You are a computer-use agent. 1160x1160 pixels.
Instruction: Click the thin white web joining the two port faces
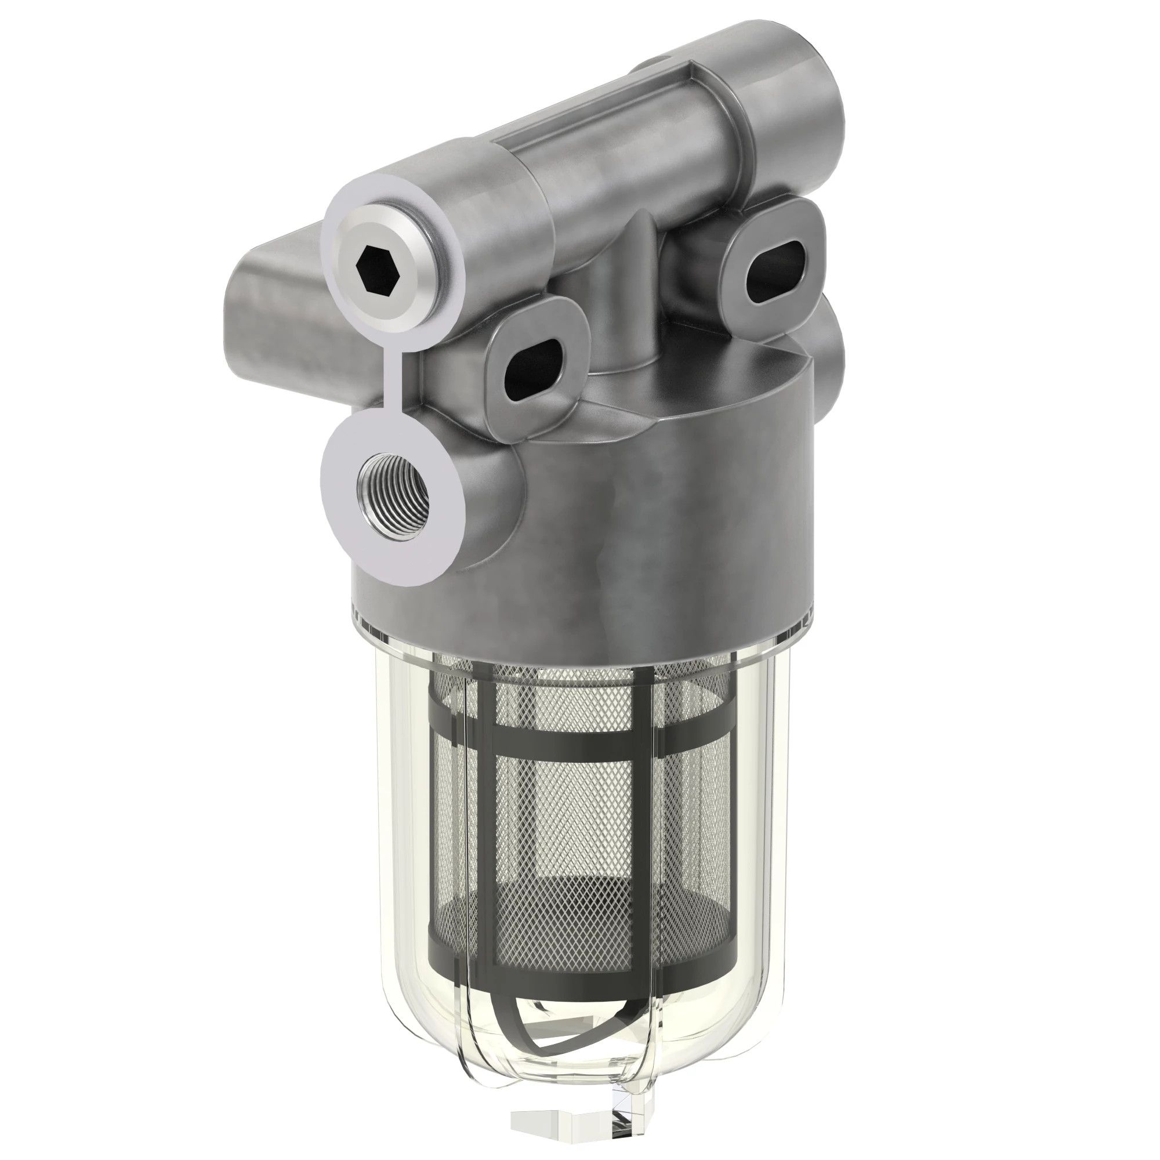pos(396,385)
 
